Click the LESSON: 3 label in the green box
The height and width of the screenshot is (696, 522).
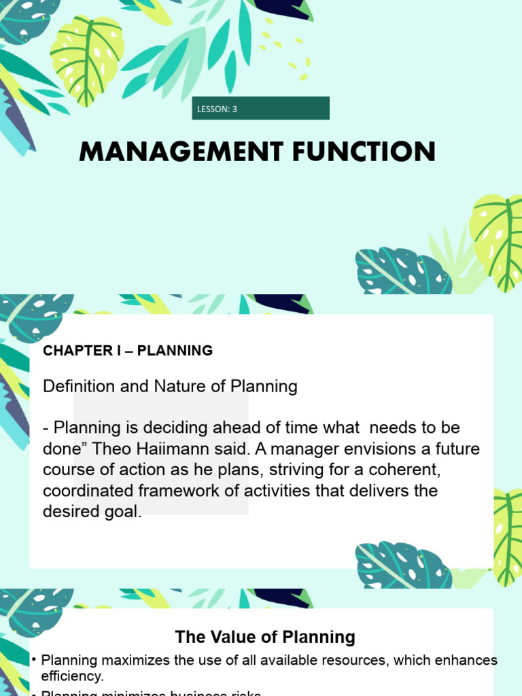217,109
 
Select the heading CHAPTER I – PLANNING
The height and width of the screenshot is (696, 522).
128,351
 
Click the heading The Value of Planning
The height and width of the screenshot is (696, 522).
265,637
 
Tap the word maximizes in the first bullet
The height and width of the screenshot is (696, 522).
133,660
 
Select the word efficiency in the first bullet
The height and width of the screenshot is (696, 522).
71,676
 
